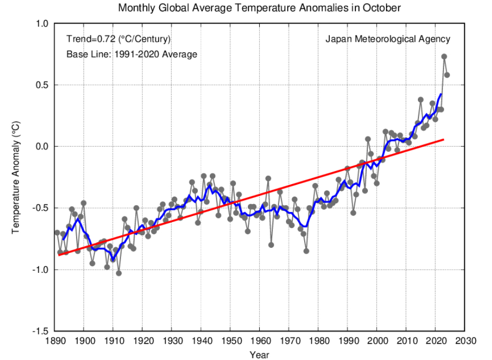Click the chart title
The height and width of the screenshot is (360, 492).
pos(259,8)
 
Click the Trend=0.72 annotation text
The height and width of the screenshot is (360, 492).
pos(118,39)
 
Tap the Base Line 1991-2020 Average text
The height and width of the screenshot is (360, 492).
pos(131,54)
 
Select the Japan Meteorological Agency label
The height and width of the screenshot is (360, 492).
pos(388,39)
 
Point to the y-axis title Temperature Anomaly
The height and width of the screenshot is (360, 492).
pos(16,177)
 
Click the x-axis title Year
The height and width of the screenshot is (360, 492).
pos(259,355)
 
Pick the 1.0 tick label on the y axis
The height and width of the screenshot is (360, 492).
pos(42,24)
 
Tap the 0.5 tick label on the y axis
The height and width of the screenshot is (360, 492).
pos(42,85)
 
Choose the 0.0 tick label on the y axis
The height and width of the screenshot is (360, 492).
pos(42,147)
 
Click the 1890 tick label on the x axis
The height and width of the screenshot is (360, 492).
pos(54,341)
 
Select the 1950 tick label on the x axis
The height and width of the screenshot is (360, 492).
pos(231,341)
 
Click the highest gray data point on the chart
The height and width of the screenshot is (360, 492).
pos(444,57)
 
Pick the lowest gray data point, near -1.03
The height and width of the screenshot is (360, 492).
pos(119,273)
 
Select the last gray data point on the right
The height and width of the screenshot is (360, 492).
pos(447,75)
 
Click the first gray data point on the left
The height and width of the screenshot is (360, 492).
pos(57,232)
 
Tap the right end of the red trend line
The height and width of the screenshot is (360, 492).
pos(443,139)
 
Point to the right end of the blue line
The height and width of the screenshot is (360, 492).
pos(441,94)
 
